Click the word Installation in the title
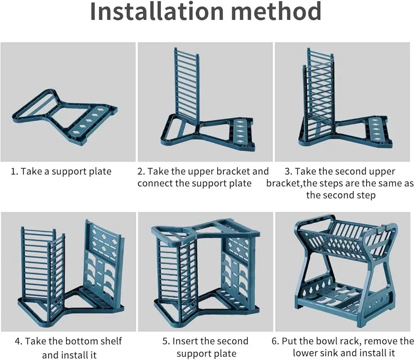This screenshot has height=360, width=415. coord(157,12)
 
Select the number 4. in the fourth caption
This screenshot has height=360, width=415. coord(19,341)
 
